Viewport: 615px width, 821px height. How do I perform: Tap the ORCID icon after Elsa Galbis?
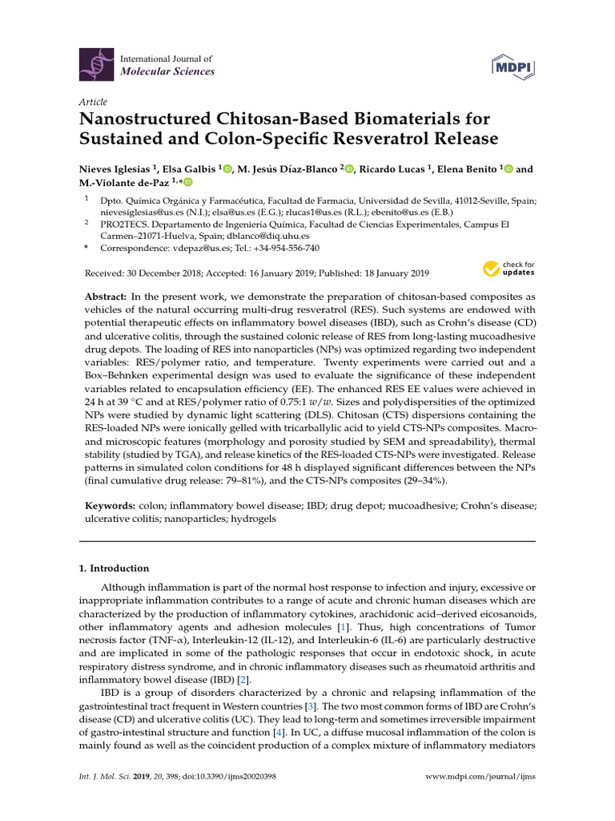(x=227, y=169)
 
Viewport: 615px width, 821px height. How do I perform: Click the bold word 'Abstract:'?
(x=110, y=297)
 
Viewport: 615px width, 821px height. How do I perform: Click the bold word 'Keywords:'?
(x=112, y=506)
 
